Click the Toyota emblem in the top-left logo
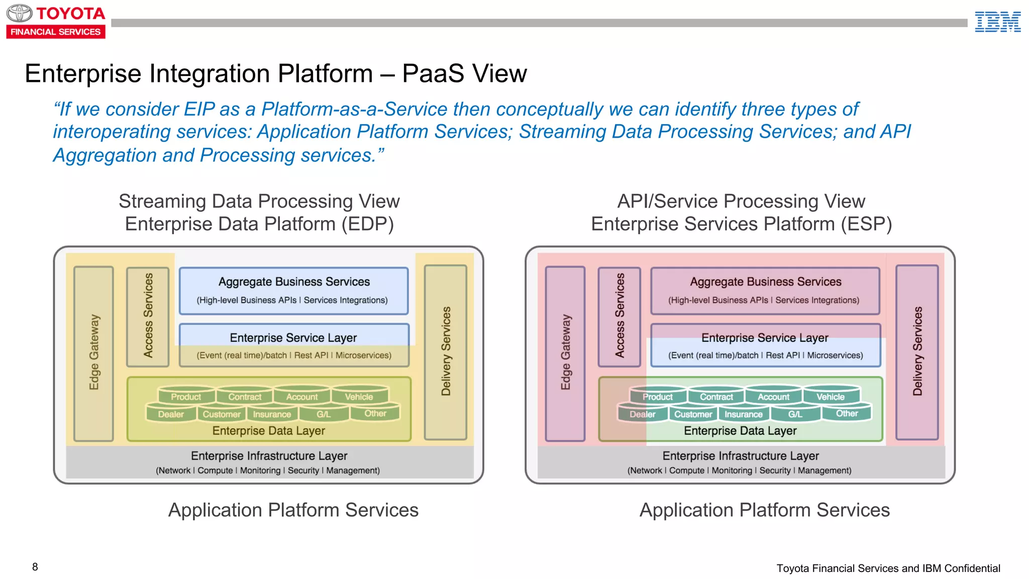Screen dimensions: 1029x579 pyautogui.click(x=20, y=13)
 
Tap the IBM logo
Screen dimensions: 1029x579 pyautogui.click(x=997, y=22)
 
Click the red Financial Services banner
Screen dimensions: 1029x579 pyautogui.click(x=56, y=32)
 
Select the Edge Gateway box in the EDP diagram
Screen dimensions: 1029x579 pyautogui.click(x=94, y=353)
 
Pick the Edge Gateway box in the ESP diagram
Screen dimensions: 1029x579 pyautogui.click(x=565, y=353)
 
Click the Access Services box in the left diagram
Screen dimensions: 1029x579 pyautogui.click(x=148, y=317)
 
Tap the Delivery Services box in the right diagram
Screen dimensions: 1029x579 pyautogui.click(x=917, y=352)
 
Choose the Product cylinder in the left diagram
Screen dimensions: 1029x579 pyautogui.click(x=186, y=394)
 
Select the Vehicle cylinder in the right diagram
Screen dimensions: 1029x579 pyautogui.click(x=831, y=394)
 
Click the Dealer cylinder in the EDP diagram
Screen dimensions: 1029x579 pyautogui.click(x=171, y=412)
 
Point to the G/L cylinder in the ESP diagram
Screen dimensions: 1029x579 pyautogui.click(x=796, y=412)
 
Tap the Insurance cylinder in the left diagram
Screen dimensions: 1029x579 pyautogui.click(x=272, y=413)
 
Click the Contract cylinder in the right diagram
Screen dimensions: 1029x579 pyautogui.click(x=716, y=394)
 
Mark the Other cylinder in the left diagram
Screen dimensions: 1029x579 pyautogui.click(x=375, y=411)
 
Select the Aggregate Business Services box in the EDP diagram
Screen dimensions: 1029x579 pyautogui.click(x=294, y=291)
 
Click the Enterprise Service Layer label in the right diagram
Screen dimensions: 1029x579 pyautogui.click(x=765, y=338)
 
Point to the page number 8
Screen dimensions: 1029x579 pyautogui.click(x=35, y=567)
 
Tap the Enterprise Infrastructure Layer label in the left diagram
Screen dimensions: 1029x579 pyautogui.click(x=269, y=456)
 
